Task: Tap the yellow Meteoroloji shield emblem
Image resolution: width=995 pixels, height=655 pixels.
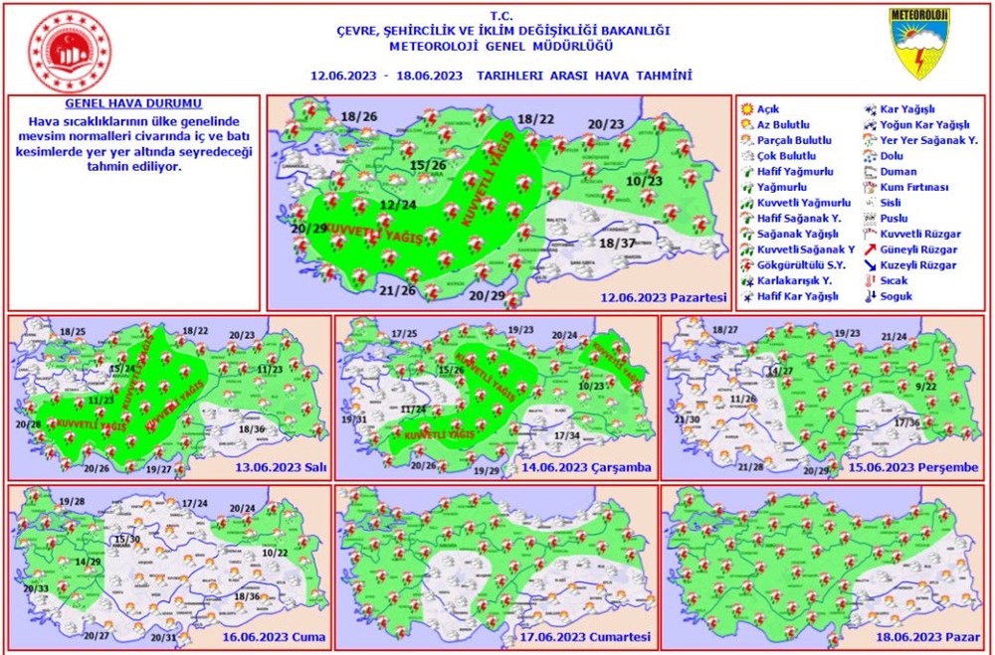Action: click(918, 44)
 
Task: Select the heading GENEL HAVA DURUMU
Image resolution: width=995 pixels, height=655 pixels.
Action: click(133, 103)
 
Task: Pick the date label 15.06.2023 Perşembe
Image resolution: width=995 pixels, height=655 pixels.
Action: click(912, 467)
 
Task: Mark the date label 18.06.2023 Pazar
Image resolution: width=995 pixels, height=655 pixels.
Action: click(922, 637)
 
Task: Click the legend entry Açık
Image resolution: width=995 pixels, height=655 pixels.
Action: click(767, 108)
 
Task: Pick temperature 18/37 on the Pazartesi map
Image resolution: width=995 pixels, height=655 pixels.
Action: click(617, 244)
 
